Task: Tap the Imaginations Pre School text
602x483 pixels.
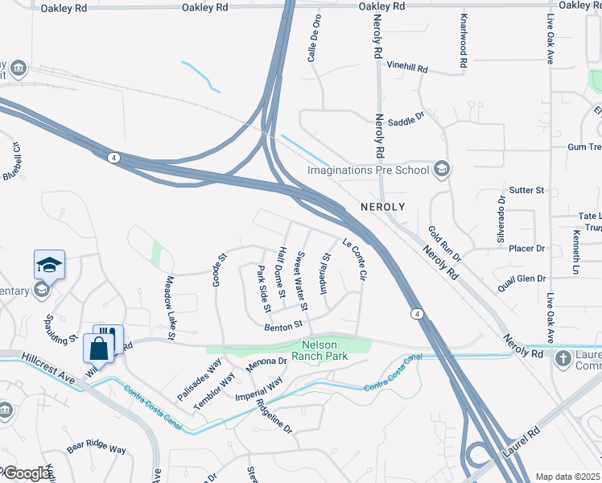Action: (x=369, y=170)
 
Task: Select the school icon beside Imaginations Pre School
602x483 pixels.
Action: (x=441, y=169)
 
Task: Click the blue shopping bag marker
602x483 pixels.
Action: (x=98, y=349)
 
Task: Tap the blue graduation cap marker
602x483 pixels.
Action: (x=49, y=265)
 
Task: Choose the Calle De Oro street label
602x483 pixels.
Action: (x=315, y=41)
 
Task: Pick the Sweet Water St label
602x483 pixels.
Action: (x=302, y=281)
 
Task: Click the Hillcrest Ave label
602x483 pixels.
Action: (x=49, y=361)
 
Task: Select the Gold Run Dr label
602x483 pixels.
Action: (x=444, y=245)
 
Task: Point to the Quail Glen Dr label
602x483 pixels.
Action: (x=522, y=279)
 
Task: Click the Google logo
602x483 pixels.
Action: (x=27, y=473)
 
